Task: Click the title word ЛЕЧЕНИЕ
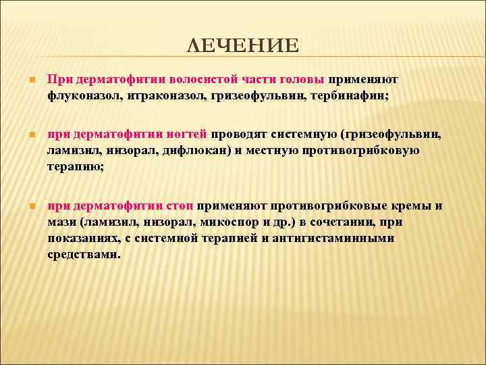pos(242,45)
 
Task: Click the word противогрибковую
pos(362,150)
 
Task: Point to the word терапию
pos(74,166)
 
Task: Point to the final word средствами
pos(84,255)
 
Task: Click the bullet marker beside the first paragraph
pos(25,79)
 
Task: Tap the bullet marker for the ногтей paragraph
pos(25,135)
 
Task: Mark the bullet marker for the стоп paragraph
pos(25,206)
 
